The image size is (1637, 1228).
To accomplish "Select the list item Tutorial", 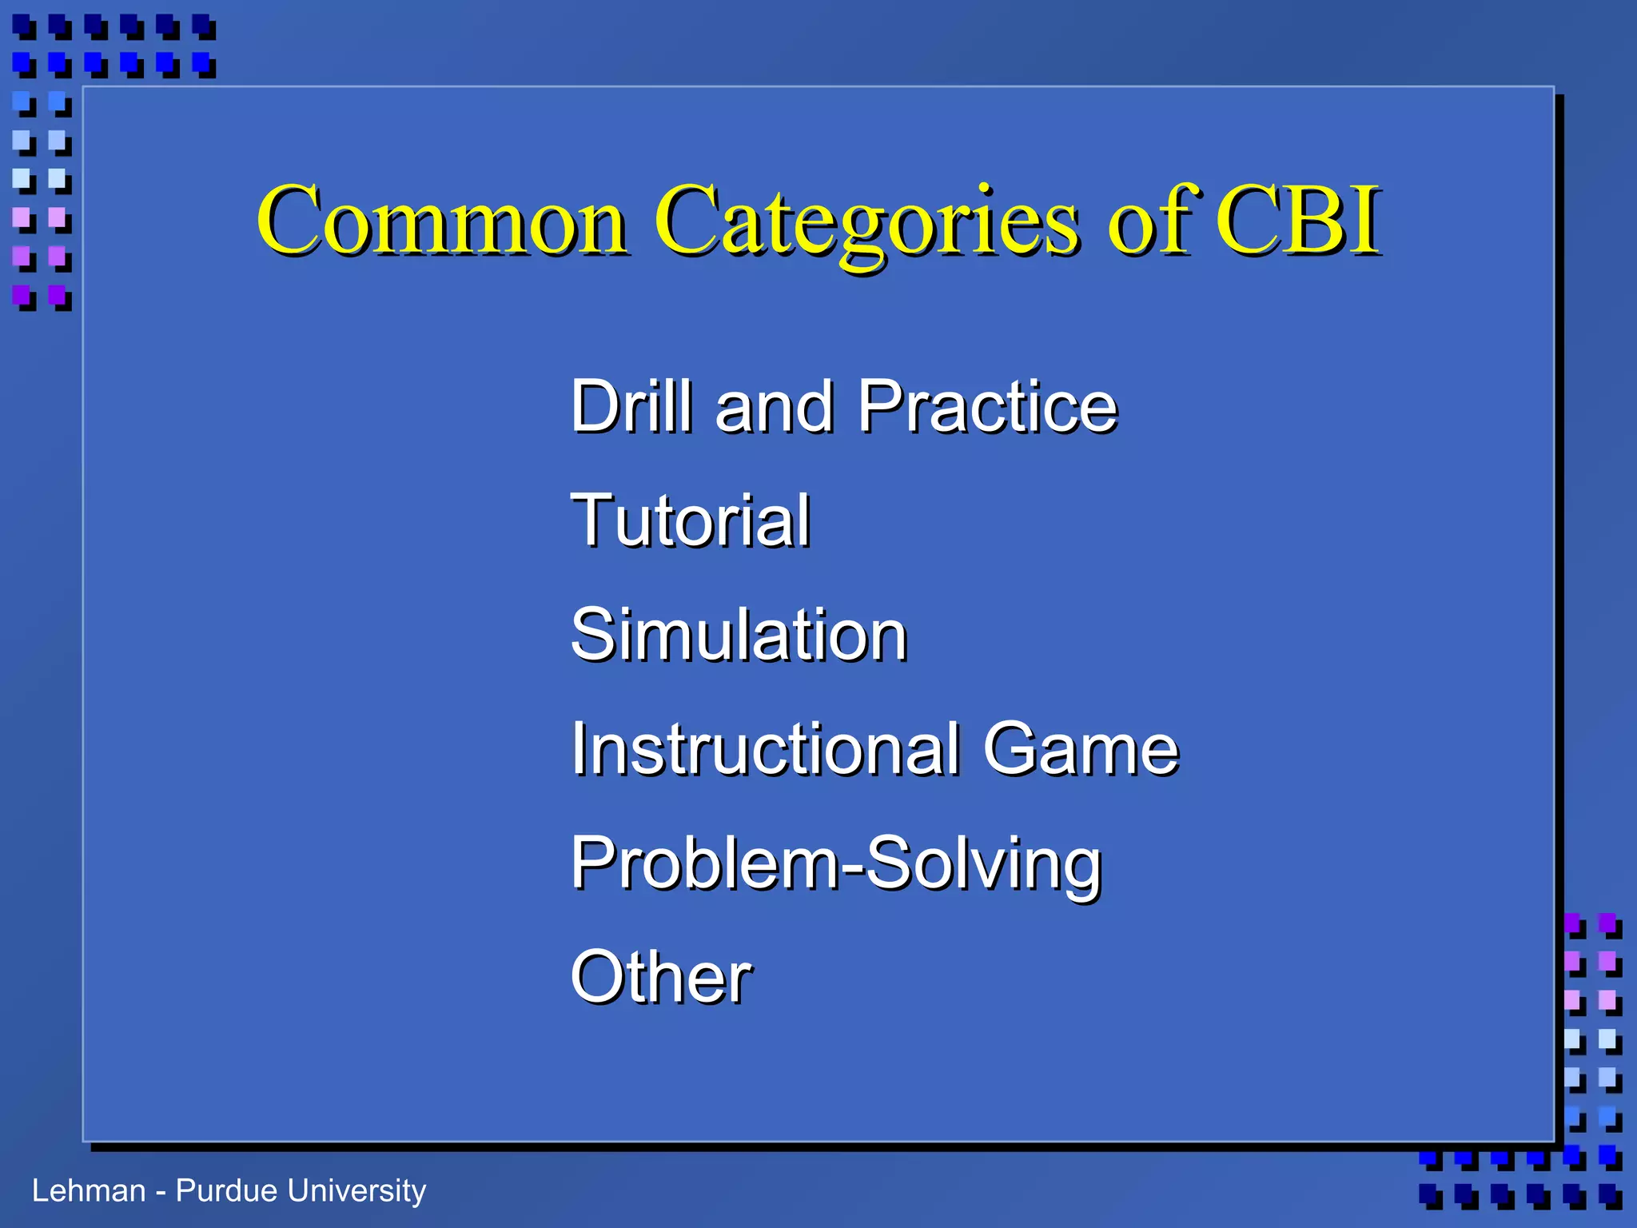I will (691, 520).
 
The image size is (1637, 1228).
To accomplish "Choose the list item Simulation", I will (739, 635).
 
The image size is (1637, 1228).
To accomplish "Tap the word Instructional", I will (764, 749).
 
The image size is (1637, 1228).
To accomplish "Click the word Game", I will (1081, 749).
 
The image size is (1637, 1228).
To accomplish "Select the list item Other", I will (660, 977).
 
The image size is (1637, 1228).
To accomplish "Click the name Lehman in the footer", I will (88, 1190).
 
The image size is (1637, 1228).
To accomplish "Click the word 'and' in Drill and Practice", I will (774, 408).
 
